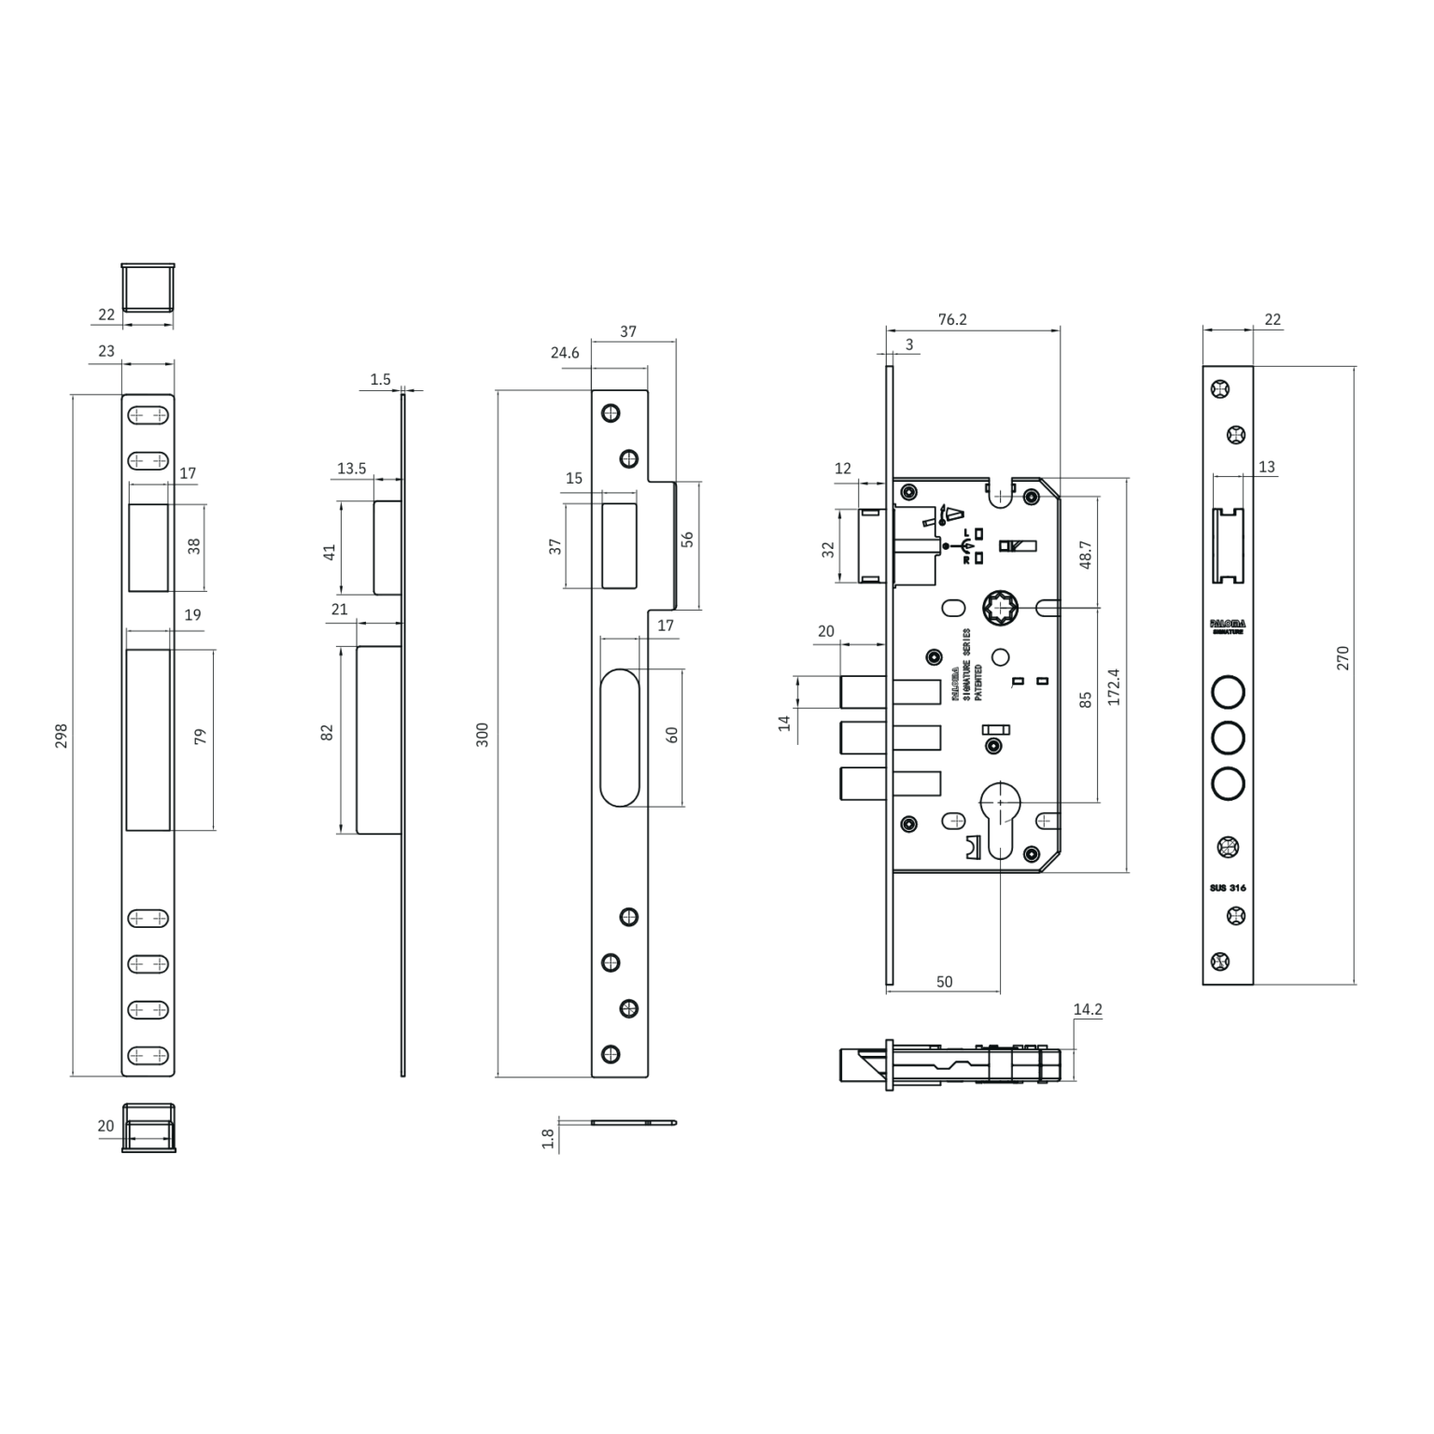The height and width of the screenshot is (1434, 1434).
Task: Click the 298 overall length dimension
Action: pos(61,736)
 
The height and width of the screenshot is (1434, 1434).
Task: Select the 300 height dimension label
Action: pos(483,734)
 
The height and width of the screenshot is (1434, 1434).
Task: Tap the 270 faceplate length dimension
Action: pos(1343,658)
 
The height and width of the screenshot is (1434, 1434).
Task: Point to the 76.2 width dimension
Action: pos(951,319)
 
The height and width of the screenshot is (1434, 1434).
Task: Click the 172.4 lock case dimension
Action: pos(1112,686)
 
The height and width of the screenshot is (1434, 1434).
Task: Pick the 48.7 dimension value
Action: pos(1085,554)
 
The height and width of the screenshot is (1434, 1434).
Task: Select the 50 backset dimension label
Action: pos(944,981)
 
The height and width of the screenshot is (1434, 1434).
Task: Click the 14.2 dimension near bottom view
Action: pos(1088,1009)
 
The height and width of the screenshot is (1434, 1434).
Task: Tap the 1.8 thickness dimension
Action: pos(548,1138)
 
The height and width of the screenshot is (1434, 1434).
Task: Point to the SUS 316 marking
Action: pos(1228,888)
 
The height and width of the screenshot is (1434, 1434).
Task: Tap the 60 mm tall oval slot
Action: pos(620,737)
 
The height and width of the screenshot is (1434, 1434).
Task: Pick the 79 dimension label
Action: pos(199,737)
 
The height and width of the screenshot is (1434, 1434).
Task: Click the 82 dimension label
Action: pos(327,733)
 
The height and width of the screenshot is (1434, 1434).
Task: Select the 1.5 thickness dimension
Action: pos(380,379)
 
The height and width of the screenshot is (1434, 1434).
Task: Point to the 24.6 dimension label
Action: pos(565,353)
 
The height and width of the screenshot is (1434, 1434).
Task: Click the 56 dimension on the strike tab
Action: pos(687,540)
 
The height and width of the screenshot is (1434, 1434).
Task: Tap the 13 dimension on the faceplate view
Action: pos(1266,467)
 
